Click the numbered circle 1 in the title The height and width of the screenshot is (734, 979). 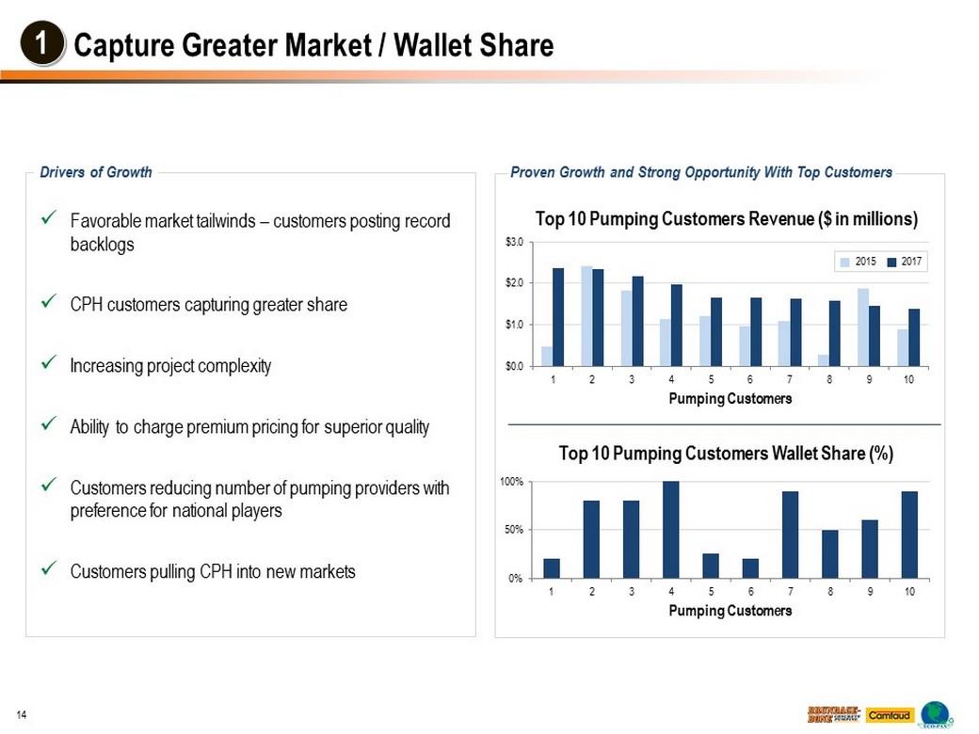[x=41, y=45]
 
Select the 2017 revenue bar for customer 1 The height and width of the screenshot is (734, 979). [x=558, y=317]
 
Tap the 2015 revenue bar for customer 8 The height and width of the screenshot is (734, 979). [x=824, y=359]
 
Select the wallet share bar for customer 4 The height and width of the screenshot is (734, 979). [x=670, y=530]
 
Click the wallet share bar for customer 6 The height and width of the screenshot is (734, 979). [x=750, y=568]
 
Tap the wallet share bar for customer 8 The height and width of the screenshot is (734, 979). [x=829, y=554]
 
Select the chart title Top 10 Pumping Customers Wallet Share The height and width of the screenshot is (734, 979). [x=726, y=454]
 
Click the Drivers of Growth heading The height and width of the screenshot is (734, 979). [x=96, y=172]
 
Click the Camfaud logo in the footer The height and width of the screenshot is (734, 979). [x=889, y=715]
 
